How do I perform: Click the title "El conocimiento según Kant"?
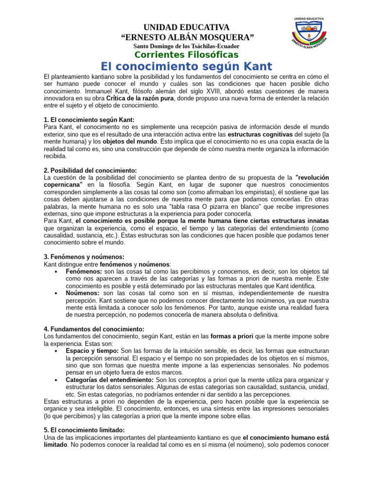point(186,66)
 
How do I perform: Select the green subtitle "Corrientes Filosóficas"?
point(186,54)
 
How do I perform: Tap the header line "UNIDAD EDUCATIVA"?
point(186,27)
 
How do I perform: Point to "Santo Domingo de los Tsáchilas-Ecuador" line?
point(186,46)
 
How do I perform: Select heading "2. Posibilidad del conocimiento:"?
point(90,170)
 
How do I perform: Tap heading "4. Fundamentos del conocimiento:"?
point(94,329)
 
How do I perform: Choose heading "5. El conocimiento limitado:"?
point(85,430)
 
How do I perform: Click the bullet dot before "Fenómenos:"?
point(57,271)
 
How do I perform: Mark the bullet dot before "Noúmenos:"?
point(57,294)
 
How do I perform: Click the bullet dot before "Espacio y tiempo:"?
point(57,350)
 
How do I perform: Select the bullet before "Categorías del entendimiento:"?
point(57,380)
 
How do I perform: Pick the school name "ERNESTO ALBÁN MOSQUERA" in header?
point(186,37)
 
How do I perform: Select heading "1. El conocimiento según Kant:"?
point(89,120)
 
